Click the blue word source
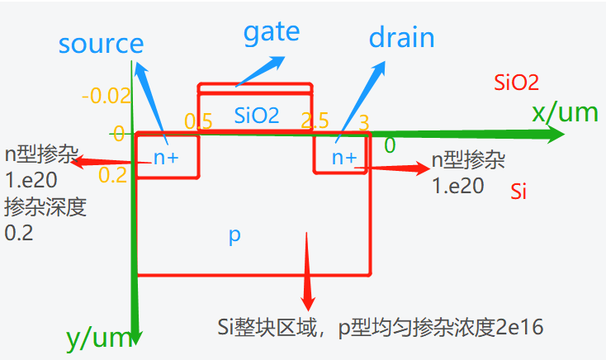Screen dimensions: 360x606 point(102,43)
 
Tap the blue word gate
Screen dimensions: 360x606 point(272,32)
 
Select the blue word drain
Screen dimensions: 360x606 point(401,38)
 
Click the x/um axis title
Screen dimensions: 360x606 point(565,112)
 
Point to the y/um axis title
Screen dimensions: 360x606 point(97,337)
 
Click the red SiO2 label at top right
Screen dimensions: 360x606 point(516,82)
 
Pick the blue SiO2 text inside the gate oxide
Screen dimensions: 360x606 point(256,116)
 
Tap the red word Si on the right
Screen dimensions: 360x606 point(518,192)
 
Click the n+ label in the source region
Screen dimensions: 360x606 point(165,158)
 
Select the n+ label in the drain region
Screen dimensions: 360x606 point(343,157)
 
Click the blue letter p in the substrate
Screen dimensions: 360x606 point(234,235)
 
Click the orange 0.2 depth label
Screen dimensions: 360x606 point(113,174)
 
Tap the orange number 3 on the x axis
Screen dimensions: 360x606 point(364,122)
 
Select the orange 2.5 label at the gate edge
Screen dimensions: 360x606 point(315,121)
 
